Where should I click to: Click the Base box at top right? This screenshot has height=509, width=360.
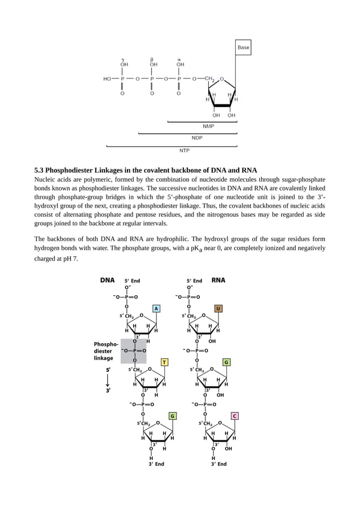coord(243,48)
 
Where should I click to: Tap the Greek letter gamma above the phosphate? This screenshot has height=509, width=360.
coord(123,59)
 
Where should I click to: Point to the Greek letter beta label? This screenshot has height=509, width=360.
coord(152,59)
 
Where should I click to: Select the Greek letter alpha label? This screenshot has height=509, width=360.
coord(179,59)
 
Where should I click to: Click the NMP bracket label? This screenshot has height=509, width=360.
coord(208,126)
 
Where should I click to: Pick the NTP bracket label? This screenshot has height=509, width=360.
coord(185,150)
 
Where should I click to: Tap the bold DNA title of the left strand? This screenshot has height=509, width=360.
coord(107,279)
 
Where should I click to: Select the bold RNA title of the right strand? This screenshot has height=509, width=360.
coord(218,279)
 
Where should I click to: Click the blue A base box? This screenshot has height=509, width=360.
coord(156,308)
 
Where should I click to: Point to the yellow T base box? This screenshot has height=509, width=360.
coord(164,362)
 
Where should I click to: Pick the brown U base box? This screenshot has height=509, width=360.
coord(218,308)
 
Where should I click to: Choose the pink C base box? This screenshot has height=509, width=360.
coord(235,416)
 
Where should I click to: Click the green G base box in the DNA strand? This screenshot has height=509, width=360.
coord(173,416)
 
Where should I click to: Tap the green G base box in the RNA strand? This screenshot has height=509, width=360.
coord(226,362)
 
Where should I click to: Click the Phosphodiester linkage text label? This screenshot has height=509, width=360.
coord(106,350)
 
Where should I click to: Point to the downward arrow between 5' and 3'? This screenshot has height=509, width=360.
coord(107,380)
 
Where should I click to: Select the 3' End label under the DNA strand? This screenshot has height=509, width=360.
coord(156,464)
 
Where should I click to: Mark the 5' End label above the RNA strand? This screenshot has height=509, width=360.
coord(195,280)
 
